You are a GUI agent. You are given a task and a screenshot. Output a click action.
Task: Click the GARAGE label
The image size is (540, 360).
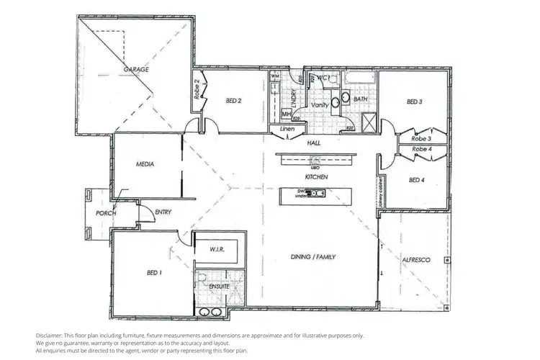click(x=136, y=69)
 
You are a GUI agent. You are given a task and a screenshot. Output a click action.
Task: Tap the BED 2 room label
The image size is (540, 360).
click(x=232, y=102)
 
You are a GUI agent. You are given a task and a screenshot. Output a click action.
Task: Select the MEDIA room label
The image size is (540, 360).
click(x=146, y=164)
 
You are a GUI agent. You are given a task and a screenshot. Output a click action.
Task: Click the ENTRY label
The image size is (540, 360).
click(x=163, y=211)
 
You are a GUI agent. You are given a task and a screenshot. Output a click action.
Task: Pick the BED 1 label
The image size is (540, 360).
click(x=155, y=273)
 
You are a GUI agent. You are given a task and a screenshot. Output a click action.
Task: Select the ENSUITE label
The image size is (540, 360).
click(x=219, y=287)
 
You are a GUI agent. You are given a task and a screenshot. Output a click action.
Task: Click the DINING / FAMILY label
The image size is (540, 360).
click(x=313, y=257)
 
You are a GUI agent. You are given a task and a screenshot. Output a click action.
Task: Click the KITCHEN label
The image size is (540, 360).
click(x=316, y=176)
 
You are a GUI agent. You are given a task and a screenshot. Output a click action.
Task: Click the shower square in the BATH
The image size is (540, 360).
click(x=368, y=122)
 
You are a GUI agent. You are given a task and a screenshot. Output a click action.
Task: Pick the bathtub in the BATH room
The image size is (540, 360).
click(x=360, y=78)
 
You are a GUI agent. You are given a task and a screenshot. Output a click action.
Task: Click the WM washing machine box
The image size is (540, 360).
click(x=275, y=76)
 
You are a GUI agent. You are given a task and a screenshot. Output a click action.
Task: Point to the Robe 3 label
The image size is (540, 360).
click(x=421, y=138)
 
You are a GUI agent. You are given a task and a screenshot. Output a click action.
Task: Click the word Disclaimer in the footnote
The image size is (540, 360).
click(x=50, y=336)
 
